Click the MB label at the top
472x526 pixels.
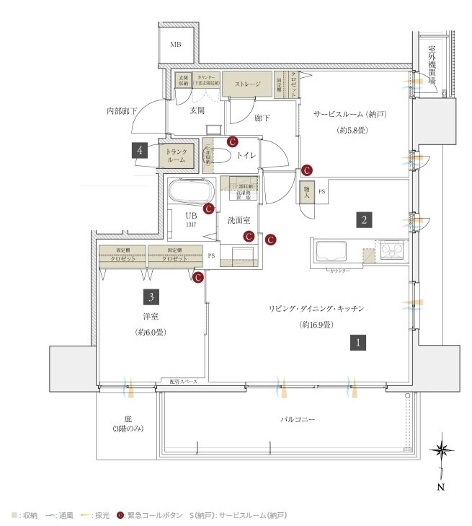175,45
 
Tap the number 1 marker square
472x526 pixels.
357,343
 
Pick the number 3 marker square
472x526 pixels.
151,296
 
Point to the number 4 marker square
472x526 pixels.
141,151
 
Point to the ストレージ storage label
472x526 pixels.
247,84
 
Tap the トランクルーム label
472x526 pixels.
177,155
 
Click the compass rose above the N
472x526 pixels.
441,451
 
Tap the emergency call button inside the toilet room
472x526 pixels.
232,142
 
